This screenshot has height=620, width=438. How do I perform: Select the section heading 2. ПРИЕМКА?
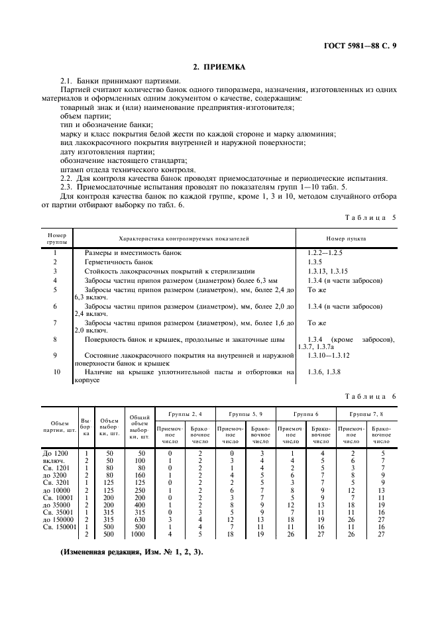tap(219, 67)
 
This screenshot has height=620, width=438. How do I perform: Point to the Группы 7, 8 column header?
tap(366, 413)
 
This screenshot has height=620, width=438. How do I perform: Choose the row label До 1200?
tap(53, 452)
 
